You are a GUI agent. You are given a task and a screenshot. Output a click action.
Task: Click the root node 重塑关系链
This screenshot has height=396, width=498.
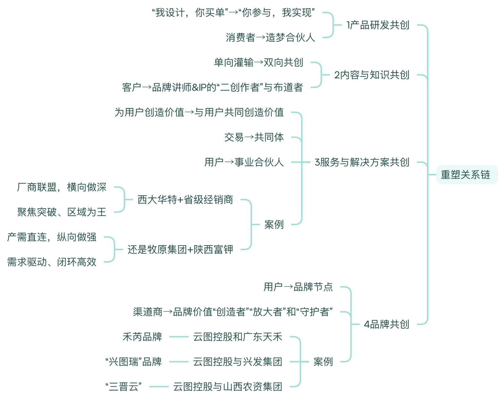(x=465, y=175)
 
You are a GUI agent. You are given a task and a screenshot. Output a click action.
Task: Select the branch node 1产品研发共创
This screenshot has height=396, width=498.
(x=378, y=25)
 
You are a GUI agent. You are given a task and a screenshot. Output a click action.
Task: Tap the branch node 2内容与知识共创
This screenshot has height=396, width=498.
(x=371, y=75)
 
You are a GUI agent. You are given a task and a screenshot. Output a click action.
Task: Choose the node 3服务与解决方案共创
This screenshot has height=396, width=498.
(x=362, y=162)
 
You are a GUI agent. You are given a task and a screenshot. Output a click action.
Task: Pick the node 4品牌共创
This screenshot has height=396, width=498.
(x=386, y=324)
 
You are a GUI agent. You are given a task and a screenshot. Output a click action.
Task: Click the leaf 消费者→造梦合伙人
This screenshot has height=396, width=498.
(x=270, y=37)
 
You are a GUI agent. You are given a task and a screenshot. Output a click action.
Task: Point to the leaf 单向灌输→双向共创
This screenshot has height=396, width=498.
(x=259, y=62)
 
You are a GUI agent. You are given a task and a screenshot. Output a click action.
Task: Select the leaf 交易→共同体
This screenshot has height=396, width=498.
(x=254, y=137)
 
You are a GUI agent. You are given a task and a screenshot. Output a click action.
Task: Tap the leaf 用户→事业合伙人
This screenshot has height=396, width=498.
(x=244, y=162)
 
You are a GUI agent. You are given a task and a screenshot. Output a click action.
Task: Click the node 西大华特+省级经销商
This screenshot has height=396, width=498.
(x=185, y=200)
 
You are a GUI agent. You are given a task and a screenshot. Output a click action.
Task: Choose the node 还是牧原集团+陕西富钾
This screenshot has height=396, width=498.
(x=180, y=249)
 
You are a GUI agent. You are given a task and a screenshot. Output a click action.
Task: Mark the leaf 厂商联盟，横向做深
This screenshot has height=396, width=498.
(x=62, y=187)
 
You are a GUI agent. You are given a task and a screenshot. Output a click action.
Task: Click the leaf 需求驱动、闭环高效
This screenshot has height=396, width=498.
(x=52, y=262)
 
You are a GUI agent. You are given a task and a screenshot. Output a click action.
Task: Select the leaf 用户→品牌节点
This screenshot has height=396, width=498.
(x=298, y=287)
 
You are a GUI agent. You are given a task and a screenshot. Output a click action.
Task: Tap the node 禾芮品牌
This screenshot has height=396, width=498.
(x=142, y=337)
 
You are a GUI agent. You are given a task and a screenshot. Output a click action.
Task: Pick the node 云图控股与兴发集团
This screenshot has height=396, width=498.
(x=238, y=362)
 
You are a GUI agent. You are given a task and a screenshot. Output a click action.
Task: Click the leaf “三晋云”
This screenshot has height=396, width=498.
(x=124, y=387)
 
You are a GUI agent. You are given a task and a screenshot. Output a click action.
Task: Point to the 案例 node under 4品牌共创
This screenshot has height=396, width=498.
(x=323, y=362)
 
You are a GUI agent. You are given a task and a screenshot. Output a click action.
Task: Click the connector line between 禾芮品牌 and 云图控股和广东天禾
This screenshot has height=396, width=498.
(x=179, y=337)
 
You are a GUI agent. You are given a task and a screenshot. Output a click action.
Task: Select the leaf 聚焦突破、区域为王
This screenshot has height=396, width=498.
(x=62, y=212)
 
